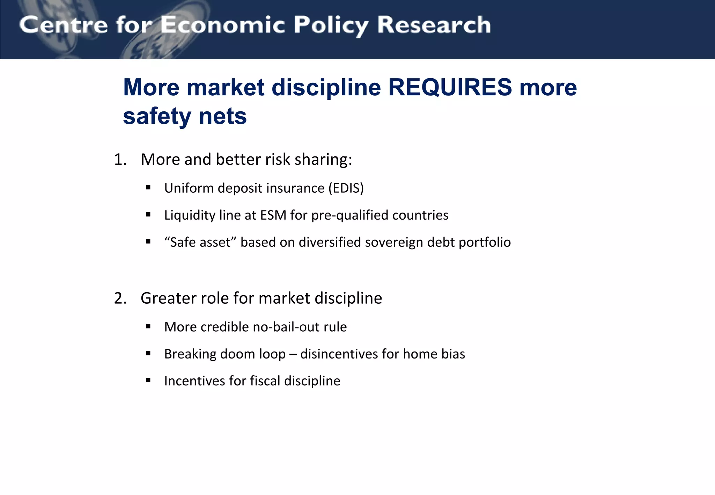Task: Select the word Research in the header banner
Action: pyautogui.click(x=434, y=25)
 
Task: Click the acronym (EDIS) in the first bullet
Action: pyautogui.click(x=346, y=188)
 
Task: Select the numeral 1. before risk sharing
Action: pyautogui.click(x=120, y=160)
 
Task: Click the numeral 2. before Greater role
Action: pyautogui.click(x=120, y=298)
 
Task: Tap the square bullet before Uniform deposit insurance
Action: pyautogui.click(x=148, y=188)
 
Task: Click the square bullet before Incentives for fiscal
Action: pyautogui.click(x=148, y=381)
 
